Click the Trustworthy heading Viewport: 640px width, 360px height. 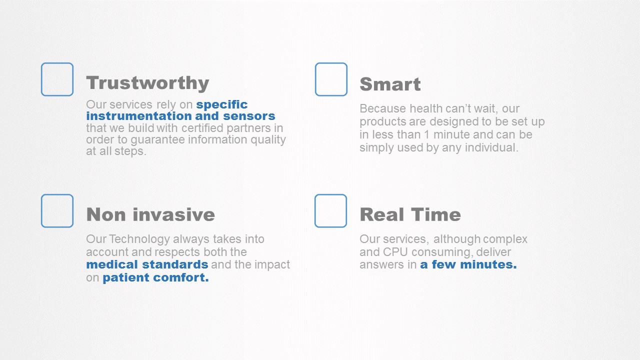point(147,83)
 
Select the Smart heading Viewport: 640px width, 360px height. point(390,84)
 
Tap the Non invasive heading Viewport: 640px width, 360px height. point(150,214)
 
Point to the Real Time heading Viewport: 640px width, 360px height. point(410,214)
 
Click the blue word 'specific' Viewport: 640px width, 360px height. point(221,105)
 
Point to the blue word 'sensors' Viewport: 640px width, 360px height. point(249,116)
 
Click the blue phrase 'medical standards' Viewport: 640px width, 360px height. point(147,264)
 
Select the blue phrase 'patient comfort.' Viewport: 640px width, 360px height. point(155,277)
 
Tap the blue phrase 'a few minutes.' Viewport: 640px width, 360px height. point(468,264)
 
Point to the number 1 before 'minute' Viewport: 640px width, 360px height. point(426,134)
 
